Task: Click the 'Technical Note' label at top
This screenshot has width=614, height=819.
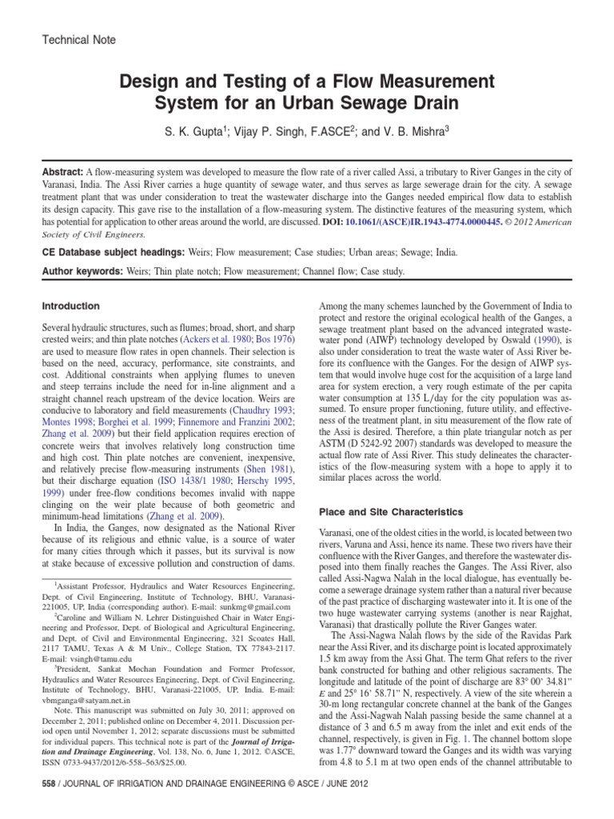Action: (x=78, y=39)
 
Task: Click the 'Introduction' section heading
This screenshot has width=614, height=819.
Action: (x=71, y=306)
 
